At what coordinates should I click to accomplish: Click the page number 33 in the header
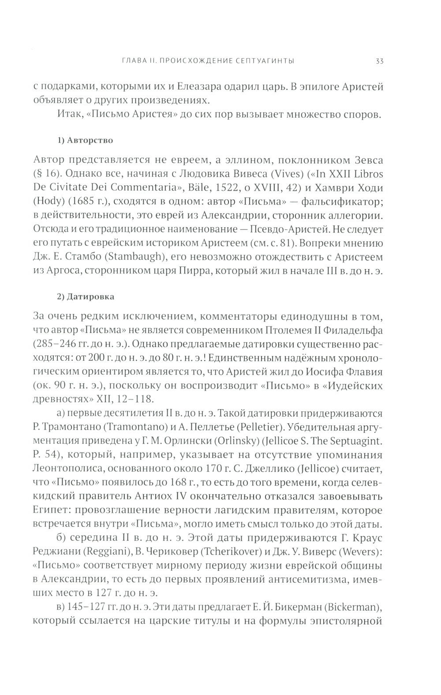click(x=379, y=62)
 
